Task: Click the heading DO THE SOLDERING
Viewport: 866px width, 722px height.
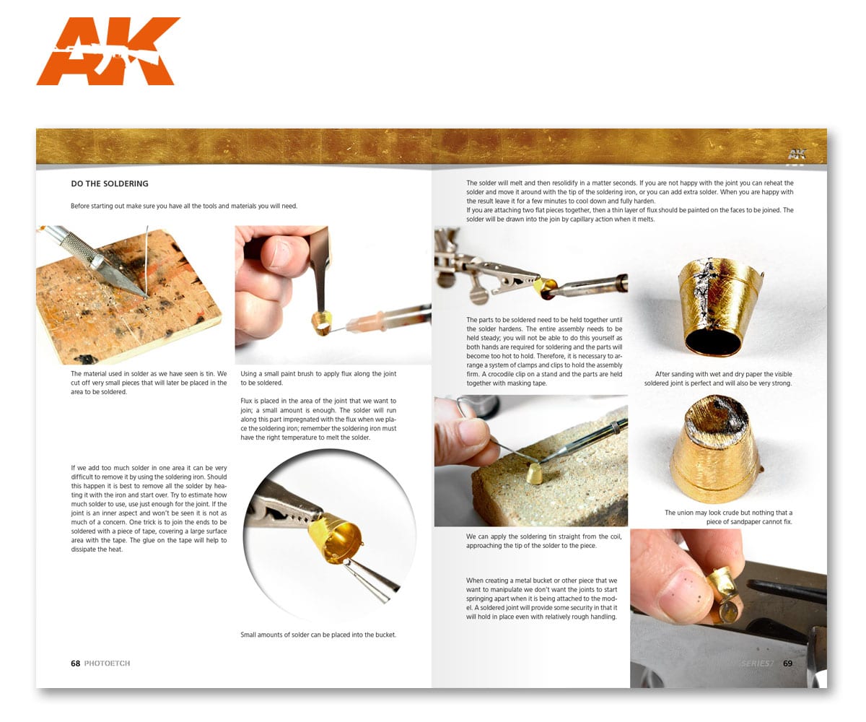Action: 110,183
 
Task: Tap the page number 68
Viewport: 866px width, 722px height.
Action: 75,663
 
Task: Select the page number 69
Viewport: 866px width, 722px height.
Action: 787,663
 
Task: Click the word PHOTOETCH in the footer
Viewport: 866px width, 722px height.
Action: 107,663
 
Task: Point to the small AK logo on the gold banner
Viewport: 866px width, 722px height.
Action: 796,155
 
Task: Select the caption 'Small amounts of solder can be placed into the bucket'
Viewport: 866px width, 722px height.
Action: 318,635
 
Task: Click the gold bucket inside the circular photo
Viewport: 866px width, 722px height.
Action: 336,539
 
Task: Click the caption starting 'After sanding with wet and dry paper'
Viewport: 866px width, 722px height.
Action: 718,378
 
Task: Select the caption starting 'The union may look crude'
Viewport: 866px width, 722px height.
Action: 728,517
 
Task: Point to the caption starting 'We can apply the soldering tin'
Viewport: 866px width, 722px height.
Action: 543,541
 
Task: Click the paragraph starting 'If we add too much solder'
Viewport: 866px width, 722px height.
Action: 149,508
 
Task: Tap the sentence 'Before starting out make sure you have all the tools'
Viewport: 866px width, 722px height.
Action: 184,206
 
